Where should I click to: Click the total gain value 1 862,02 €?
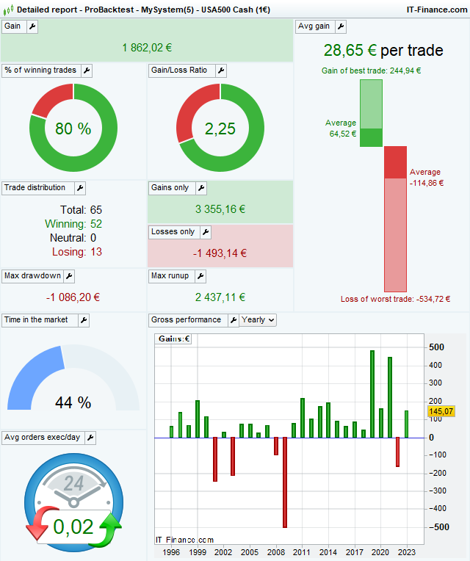coord(147,47)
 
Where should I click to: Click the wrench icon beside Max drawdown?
coord(68,276)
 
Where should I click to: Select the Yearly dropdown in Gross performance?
coord(258,320)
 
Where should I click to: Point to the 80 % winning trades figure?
coord(73,129)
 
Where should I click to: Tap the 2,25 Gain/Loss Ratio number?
coord(220,129)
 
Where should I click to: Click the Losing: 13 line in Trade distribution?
coord(76,252)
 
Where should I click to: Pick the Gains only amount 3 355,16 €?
coord(220,209)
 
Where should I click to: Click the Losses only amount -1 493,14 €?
coord(220,253)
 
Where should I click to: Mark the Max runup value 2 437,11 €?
coord(220,297)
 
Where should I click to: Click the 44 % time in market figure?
coord(73,402)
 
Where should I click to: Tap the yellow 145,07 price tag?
coord(441,412)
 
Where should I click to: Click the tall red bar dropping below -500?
coord(284,482)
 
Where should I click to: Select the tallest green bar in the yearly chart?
coord(372,394)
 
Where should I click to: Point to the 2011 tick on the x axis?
coord(302,551)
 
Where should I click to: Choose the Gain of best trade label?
coord(371,70)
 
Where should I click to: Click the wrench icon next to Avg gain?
coord(341,26)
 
